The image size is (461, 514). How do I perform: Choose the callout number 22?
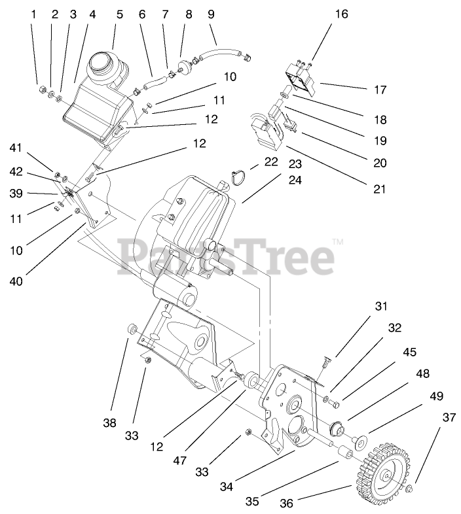click(x=270, y=162)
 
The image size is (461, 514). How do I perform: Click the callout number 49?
click(x=435, y=396)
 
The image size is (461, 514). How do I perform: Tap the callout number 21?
click(x=378, y=190)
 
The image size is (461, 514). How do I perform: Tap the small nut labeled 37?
click(x=410, y=489)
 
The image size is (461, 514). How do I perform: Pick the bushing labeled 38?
click(x=131, y=326)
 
